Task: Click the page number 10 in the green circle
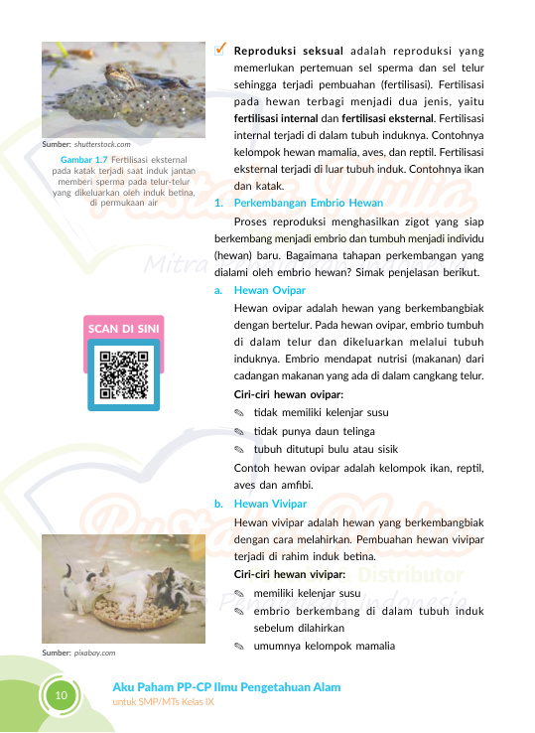61,695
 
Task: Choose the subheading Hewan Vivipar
270,504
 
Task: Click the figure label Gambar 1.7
84,158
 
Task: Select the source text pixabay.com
94,653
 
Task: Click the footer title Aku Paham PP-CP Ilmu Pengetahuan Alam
226,687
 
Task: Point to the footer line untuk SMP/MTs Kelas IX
163,702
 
